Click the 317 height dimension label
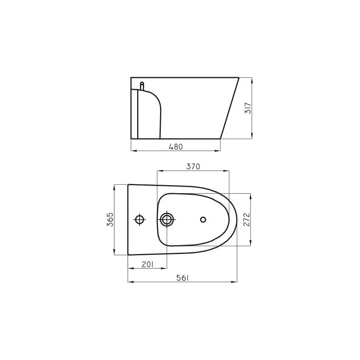click(248, 108)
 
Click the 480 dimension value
click(176, 146)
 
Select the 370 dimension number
click(193, 166)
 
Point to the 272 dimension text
click(246, 220)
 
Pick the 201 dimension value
click(147, 264)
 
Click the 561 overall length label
click(182, 278)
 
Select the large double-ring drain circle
click(167, 219)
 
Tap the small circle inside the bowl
click(203, 219)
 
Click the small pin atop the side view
click(142, 86)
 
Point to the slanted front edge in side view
click(230, 108)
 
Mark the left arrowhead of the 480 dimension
click(133, 151)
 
